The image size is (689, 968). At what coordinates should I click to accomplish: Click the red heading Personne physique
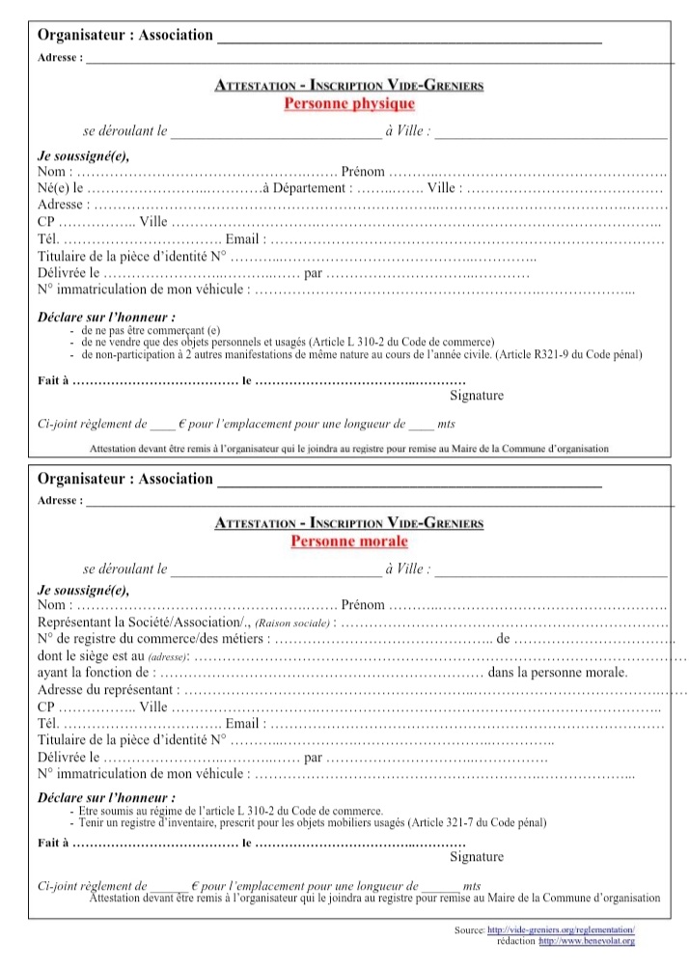pos(349,103)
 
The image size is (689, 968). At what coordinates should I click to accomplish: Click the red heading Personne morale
pos(349,541)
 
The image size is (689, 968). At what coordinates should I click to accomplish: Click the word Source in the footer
pos(469,929)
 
